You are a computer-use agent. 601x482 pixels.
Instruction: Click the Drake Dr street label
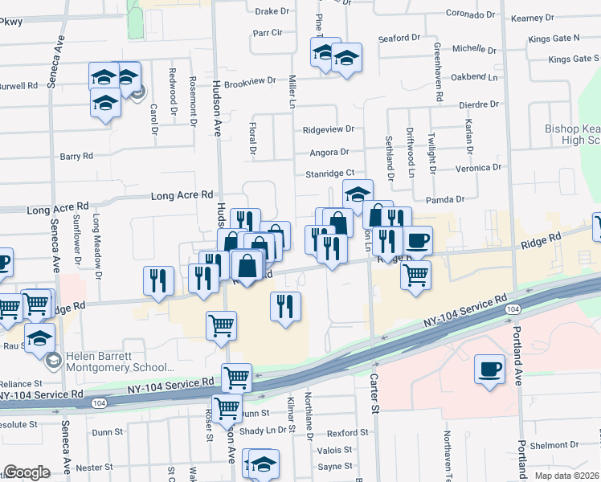coord(272,12)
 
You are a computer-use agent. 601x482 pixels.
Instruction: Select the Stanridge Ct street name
coord(329,173)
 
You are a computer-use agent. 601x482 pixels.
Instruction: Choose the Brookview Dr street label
coord(250,82)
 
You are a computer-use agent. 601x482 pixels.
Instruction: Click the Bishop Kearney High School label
coord(572,134)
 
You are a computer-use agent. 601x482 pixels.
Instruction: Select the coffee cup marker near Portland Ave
coord(489,370)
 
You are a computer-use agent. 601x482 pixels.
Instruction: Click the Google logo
coord(27,472)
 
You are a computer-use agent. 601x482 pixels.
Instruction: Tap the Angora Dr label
coord(329,152)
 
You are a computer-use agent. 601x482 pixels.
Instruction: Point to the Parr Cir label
coord(268,33)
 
